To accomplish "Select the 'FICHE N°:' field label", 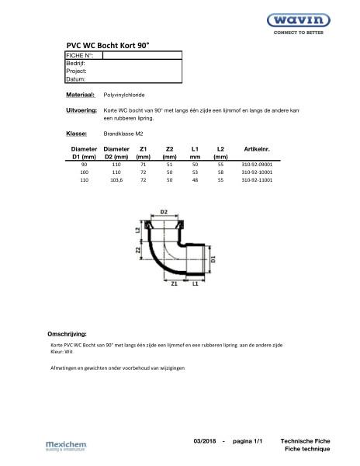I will (x=80, y=56).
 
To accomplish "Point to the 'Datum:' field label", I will (x=76, y=79).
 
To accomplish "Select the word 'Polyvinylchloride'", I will (x=129, y=94).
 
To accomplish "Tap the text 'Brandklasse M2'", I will (x=126, y=134).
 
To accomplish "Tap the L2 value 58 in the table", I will (x=220, y=172).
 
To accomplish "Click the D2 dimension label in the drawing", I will (x=164, y=211).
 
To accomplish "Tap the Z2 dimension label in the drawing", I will (x=137, y=252).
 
